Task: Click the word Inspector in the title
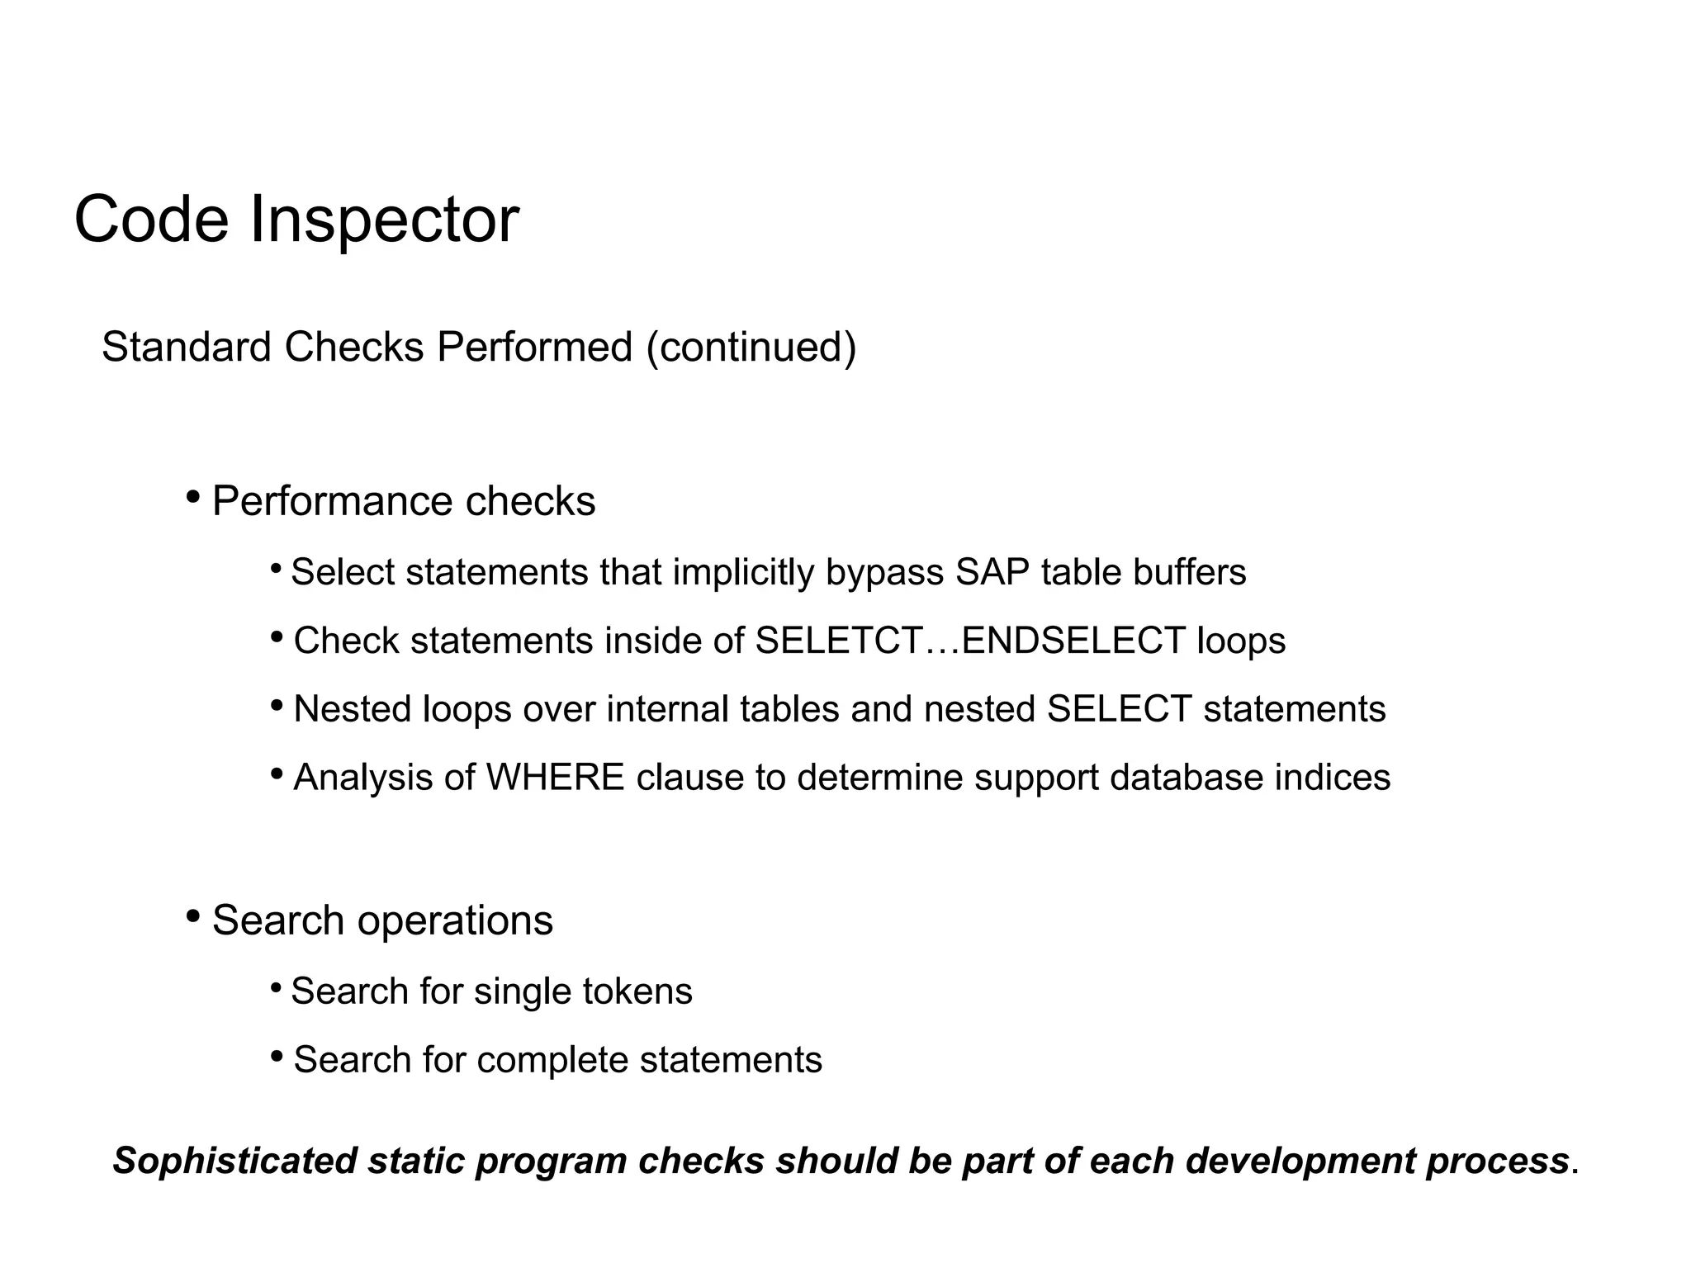tap(384, 220)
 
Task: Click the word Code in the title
tap(151, 220)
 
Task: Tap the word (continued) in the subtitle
tap(751, 348)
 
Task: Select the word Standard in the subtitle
tap(187, 348)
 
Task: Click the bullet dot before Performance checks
tap(192, 497)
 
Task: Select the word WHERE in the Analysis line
tap(555, 778)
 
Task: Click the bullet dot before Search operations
tap(192, 916)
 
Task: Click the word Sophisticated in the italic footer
tap(234, 1162)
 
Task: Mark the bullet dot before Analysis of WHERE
tap(277, 774)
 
